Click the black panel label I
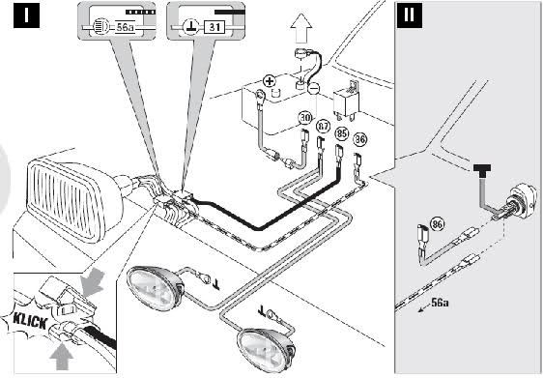point(26,15)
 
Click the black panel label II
point(409,15)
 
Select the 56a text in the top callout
point(125,27)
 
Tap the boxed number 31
point(214,27)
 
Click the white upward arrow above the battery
point(301,28)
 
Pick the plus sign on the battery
point(270,81)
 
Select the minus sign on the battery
point(313,89)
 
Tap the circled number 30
point(304,118)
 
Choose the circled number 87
point(323,127)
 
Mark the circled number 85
point(342,133)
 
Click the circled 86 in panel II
point(437,224)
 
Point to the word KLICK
point(30,322)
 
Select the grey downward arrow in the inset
point(92,282)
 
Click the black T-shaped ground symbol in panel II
point(482,170)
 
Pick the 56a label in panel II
point(441,303)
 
